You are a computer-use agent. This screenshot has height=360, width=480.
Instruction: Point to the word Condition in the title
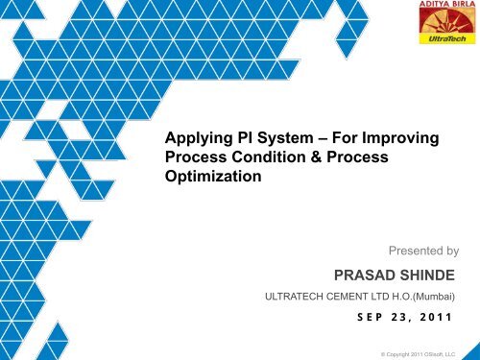tap(276, 158)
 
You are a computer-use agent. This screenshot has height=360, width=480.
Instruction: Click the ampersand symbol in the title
tap(325, 158)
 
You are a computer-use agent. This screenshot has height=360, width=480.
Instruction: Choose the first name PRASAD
tap(366, 277)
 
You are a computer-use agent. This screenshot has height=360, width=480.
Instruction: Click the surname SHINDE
tap(431, 277)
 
